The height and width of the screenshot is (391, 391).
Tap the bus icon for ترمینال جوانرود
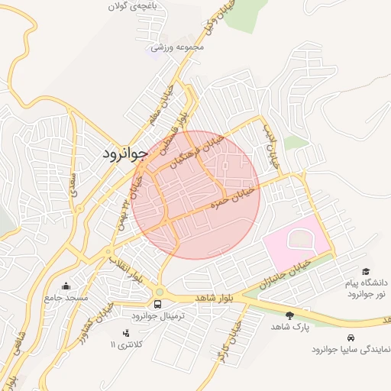coord(158,304)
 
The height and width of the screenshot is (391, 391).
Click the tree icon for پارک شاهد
coord(289,315)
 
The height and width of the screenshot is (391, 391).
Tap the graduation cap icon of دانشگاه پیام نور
coord(366,272)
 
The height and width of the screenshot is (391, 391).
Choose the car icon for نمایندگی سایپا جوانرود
coord(350,338)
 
